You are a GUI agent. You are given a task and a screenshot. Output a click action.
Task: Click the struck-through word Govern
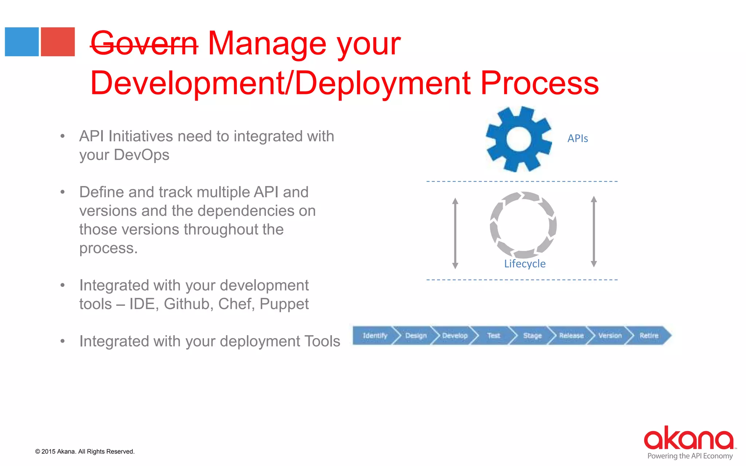tap(144, 44)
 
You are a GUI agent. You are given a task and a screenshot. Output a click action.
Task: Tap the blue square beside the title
tap(22, 42)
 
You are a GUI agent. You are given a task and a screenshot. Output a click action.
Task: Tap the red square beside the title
tap(58, 42)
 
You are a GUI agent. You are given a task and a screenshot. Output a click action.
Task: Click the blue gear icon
tap(519, 139)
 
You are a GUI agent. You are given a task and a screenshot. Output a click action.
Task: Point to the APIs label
tap(578, 139)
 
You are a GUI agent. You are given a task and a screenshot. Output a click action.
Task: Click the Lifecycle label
tap(525, 264)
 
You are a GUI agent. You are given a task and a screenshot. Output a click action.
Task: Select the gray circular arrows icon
tap(523, 225)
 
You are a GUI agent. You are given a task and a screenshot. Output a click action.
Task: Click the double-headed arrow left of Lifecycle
tap(455, 233)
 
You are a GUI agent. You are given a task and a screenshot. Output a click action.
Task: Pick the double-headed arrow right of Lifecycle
tap(594, 232)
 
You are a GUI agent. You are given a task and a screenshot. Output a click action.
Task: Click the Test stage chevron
tap(494, 335)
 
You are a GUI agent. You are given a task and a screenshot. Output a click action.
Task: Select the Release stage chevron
tap(571, 335)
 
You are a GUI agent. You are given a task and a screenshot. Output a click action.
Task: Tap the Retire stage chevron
tap(649, 335)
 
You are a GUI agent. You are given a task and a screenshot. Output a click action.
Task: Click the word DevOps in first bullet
tap(141, 155)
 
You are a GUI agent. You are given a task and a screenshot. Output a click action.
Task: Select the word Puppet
tap(284, 304)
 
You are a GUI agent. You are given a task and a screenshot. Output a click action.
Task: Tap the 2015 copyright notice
tap(85, 451)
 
